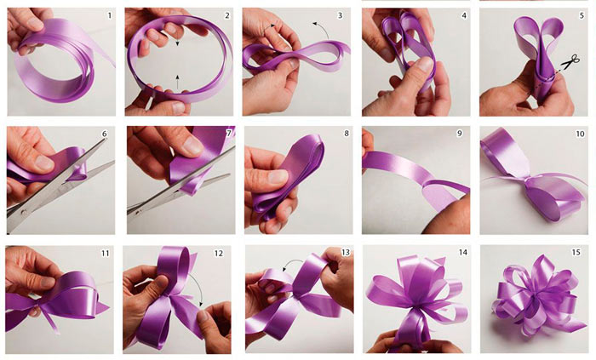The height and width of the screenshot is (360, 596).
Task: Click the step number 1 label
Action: pyautogui.click(x=110, y=15)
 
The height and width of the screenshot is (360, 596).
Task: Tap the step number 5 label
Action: pyautogui.click(x=582, y=15)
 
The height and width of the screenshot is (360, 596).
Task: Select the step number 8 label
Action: pyautogui.click(x=347, y=134)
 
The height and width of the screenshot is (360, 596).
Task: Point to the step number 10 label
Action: pyautogui.click(x=580, y=134)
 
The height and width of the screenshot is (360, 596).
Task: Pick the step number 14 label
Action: pyautogui.click(x=462, y=252)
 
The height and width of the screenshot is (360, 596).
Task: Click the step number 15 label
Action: pyautogui.click(x=576, y=252)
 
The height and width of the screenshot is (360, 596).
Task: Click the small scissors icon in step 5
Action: pyautogui.click(x=570, y=62)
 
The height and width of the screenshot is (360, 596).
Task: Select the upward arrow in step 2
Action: pyautogui.click(x=177, y=82)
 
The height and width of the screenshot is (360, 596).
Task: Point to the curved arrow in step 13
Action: pyautogui.click(x=292, y=262)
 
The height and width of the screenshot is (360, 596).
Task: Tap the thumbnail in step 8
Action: pyautogui.click(x=278, y=176)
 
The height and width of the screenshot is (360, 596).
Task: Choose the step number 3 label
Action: pyautogui.click(x=341, y=15)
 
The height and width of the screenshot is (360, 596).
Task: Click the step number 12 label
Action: pyautogui.click(x=219, y=254)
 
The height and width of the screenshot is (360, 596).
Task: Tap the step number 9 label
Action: pyautogui.click(x=460, y=134)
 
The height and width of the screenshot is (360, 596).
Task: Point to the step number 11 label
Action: pyautogui.click(x=105, y=254)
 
